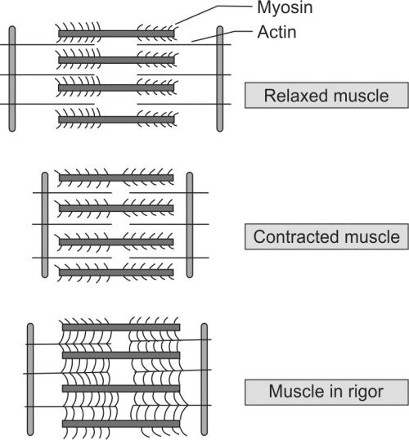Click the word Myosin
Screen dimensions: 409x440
285,7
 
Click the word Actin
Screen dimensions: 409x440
276,32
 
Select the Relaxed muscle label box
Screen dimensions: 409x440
326,95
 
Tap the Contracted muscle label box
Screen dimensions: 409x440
326,236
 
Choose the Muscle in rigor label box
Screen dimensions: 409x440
326,392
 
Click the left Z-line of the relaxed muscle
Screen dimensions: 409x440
12,79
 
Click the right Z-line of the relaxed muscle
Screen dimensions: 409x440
220,79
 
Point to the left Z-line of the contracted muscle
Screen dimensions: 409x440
45,225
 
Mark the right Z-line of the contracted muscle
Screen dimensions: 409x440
190,225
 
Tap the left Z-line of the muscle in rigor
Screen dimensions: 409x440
30,379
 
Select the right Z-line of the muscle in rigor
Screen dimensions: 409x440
204,379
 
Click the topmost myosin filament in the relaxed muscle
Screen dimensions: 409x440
116,34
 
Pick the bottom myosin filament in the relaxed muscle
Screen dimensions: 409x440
116,120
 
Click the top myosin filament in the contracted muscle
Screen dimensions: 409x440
116,178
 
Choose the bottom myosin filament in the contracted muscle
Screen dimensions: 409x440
116,272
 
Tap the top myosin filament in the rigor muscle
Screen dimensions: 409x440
121,327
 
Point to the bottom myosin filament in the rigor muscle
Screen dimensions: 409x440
121,424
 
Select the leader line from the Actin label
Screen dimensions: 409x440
222,36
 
